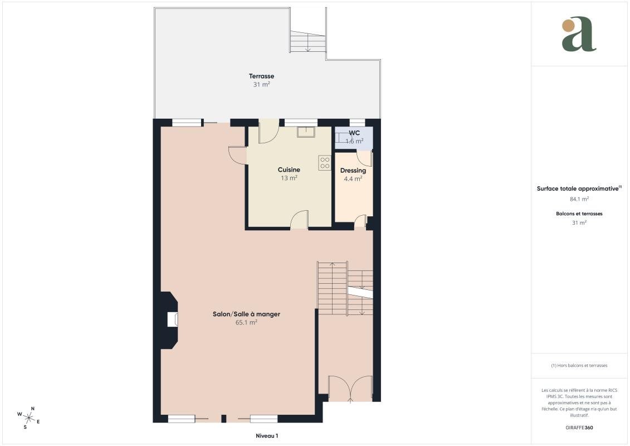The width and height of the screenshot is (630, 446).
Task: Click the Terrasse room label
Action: click(x=262, y=76)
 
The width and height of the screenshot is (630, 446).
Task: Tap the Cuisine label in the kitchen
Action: click(x=289, y=169)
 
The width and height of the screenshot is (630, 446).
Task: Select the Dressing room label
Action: click(x=353, y=171)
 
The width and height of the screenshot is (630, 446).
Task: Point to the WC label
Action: click(x=354, y=133)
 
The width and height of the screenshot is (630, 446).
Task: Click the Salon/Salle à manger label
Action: click(x=246, y=314)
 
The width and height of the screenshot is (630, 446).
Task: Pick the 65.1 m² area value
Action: click(x=246, y=323)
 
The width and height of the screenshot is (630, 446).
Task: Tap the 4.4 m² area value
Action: click(x=353, y=179)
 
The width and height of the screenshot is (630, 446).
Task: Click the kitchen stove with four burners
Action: click(x=325, y=163)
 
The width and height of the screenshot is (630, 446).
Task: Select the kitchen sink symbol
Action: click(x=306, y=132)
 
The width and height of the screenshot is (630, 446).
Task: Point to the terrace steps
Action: click(x=308, y=41)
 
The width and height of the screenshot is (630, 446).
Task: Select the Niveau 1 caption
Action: click(x=267, y=436)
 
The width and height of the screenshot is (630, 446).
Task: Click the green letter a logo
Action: click(x=579, y=34)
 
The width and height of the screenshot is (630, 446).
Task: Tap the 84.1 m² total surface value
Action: click(x=579, y=198)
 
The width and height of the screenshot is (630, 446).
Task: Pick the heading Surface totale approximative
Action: click(x=578, y=188)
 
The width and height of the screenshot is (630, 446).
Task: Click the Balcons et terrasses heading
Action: click(x=579, y=214)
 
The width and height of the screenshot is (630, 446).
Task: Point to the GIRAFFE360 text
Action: click(x=579, y=428)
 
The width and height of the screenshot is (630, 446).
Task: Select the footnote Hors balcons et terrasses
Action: click(x=579, y=366)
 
